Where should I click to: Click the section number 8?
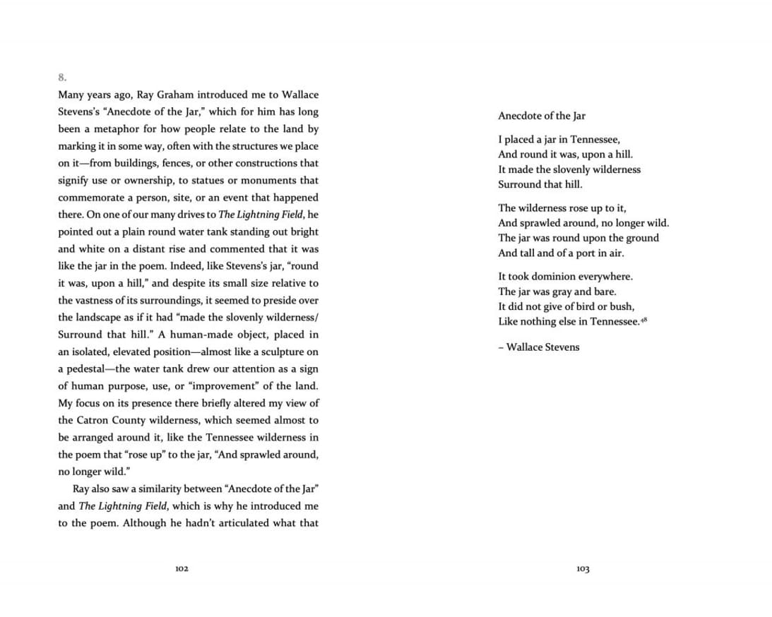point(62,77)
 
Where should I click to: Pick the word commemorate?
point(88,198)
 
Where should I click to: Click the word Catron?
point(92,421)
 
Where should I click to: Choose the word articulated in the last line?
point(239,523)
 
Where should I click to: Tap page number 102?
point(182,569)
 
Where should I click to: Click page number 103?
point(583,569)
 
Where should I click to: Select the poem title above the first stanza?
point(542,116)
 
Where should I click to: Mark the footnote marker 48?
point(644,319)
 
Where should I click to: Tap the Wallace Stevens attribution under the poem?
point(539,347)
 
